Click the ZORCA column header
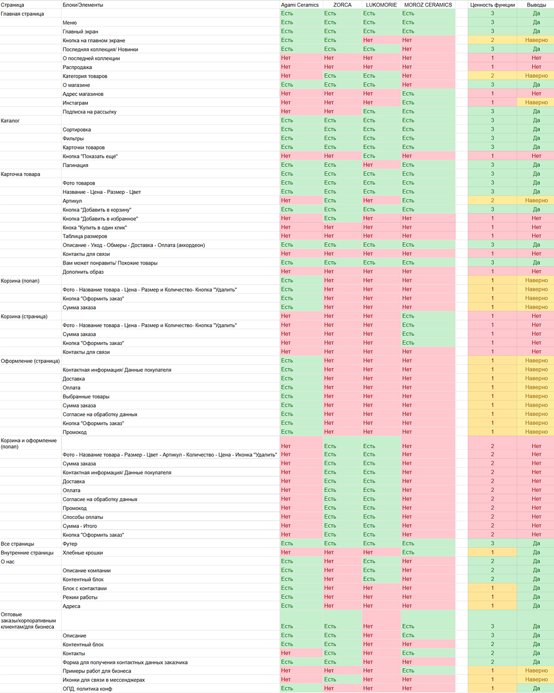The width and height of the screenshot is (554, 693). click(x=342, y=5)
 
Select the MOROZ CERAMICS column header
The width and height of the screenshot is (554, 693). click(x=428, y=5)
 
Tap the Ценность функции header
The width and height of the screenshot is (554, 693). click(x=492, y=5)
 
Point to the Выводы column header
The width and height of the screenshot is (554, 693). click(x=536, y=5)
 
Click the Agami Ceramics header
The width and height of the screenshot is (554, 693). click(x=300, y=5)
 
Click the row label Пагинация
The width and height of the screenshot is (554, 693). click(x=75, y=165)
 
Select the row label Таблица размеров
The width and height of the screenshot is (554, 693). click(x=85, y=236)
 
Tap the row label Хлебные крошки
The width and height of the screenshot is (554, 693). click(x=83, y=553)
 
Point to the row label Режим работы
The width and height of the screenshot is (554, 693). click(x=80, y=597)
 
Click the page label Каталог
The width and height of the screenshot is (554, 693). click(x=10, y=121)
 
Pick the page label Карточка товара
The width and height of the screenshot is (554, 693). click(x=20, y=174)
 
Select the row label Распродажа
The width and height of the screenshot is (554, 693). click(x=77, y=67)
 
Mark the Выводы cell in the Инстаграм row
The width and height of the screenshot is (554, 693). click(x=536, y=102)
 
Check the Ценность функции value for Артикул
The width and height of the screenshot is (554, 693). click(x=492, y=200)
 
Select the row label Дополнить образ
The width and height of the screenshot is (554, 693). click(x=83, y=272)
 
